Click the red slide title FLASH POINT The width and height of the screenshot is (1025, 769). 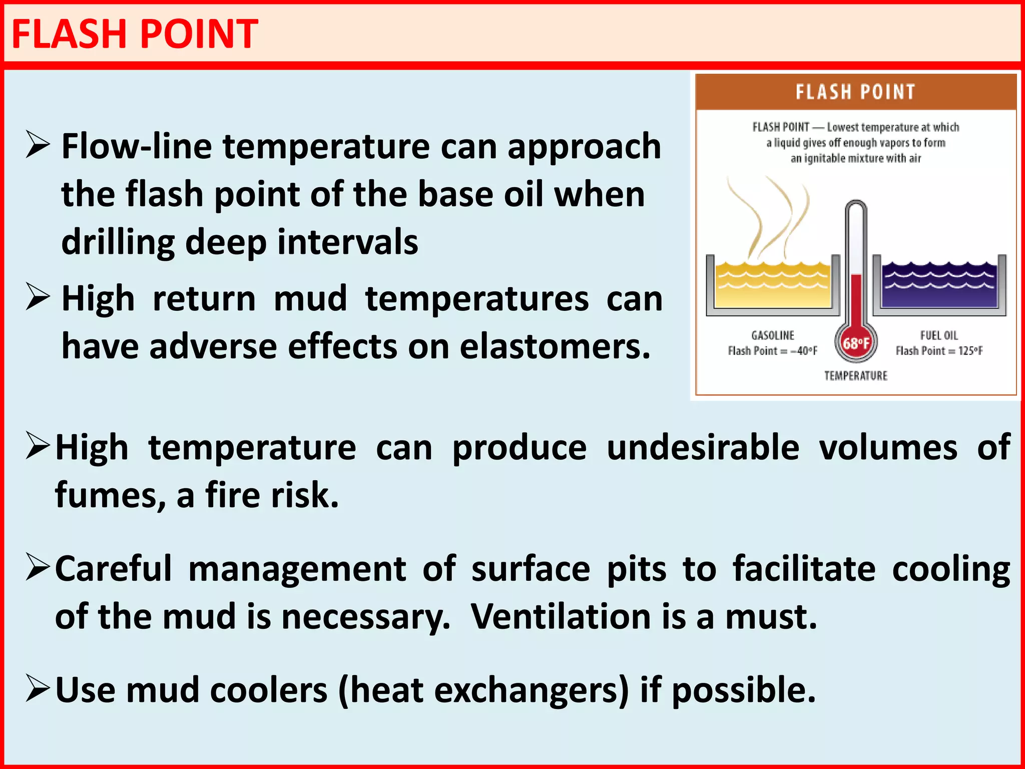click(134, 34)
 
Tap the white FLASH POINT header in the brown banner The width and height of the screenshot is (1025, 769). click(855, 92)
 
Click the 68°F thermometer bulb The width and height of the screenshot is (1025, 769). click(856, 343)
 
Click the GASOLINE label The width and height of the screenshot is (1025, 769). click(773, 335)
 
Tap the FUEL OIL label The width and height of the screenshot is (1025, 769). click(939, 335)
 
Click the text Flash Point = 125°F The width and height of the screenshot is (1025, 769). click(939, 351)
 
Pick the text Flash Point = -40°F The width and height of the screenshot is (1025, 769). click(773, 351)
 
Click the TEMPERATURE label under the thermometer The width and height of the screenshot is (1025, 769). click(856, 375)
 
